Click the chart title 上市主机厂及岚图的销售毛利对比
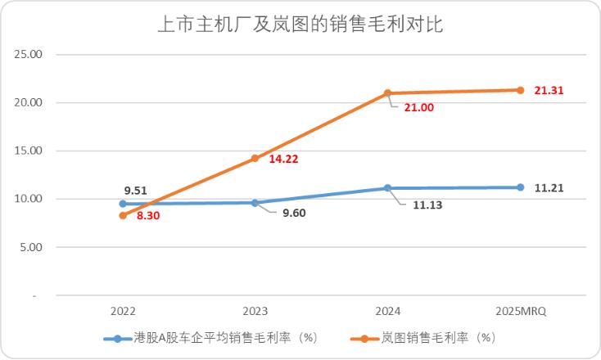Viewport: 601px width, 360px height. [300, 25]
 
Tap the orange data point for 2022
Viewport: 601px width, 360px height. [123, 215]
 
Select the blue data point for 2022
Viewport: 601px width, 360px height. [123, 204]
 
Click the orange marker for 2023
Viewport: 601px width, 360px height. [255, 159]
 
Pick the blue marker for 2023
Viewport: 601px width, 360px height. [255, 203]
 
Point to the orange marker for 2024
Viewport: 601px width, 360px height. [388, 93]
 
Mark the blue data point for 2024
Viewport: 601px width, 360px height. [388, 188]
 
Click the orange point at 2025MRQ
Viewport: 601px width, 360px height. [521, 90]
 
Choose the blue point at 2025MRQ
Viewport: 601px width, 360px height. [521, 187]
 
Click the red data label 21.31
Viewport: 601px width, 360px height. [549, 91]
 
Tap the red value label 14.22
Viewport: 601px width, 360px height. [284, 160]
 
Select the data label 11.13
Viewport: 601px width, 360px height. [416, 205]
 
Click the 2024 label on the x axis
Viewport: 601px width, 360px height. [388, 312]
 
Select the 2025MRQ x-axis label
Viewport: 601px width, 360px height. [521, 312]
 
